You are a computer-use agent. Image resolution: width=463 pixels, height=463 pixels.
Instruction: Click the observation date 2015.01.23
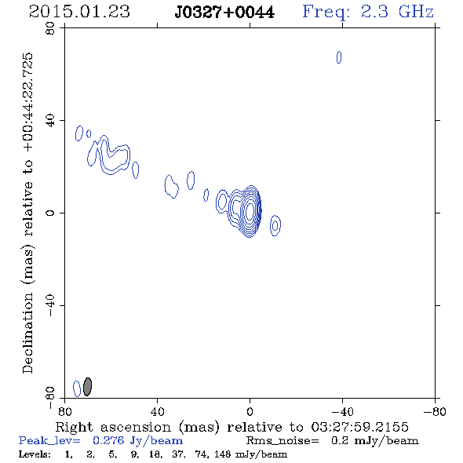[79, 12]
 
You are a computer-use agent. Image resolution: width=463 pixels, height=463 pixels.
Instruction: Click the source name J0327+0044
[224, 13]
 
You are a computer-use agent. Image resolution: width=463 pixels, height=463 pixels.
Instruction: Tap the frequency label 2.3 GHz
[397, 12]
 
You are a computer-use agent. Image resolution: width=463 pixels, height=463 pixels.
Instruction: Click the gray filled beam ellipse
[87, 387]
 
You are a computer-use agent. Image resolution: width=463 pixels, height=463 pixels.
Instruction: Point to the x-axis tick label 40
[157, 412]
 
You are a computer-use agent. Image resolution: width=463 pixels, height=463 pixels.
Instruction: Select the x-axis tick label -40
[342, 412]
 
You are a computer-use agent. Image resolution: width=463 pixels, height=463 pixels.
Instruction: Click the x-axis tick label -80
[435, 412]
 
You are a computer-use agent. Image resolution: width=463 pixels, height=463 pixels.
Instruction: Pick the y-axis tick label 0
[50, 213]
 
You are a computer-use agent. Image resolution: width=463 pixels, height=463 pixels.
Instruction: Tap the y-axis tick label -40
[50, 305]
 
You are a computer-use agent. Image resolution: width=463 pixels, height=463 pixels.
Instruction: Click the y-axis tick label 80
[50, 28]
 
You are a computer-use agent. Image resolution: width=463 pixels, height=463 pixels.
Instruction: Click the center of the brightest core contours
[250, 210]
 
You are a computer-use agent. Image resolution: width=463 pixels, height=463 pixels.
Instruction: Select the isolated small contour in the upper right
[339, 57]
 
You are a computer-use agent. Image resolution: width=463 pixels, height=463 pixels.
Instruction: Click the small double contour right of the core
[275, 225]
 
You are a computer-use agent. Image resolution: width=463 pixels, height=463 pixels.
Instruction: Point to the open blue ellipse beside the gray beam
[77, 388]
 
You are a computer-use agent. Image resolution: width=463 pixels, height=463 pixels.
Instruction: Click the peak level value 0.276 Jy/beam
[137, 440]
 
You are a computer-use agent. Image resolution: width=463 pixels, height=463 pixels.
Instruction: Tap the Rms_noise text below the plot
[283, 441]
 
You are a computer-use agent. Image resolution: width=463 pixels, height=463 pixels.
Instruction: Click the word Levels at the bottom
[35, 454]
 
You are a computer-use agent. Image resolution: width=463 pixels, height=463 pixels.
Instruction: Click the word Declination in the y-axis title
[27, 333]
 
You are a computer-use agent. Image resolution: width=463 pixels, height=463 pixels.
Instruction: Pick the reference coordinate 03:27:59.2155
[360, 427]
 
